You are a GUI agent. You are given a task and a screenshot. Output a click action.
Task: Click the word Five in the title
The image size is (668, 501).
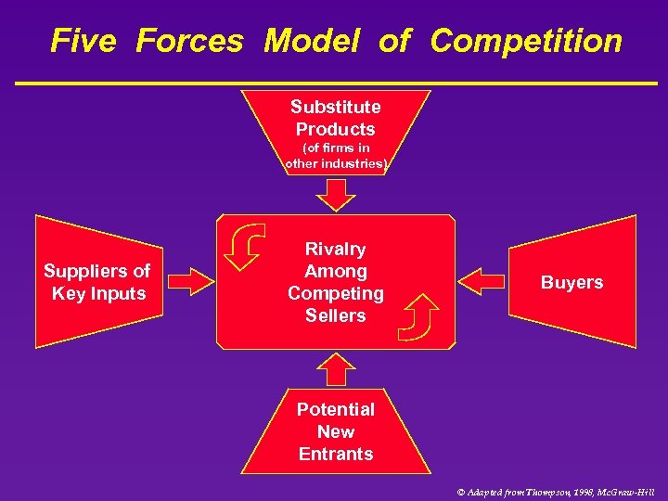83,41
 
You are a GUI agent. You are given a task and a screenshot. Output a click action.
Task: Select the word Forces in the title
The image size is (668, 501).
189,41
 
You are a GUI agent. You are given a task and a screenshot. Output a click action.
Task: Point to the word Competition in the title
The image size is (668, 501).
526,41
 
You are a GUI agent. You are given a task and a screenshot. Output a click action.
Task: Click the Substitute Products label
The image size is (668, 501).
335,118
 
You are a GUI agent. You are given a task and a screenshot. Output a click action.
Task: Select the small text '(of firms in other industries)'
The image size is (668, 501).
335,156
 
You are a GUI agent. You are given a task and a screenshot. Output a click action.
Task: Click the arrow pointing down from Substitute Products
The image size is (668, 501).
336,194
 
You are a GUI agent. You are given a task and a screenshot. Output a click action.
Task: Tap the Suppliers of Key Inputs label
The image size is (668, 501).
96,282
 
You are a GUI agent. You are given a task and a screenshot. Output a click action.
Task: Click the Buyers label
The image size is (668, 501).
572,283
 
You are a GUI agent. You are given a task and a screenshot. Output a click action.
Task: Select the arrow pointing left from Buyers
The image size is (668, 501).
482,281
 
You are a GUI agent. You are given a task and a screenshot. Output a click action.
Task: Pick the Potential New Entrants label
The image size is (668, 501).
336,431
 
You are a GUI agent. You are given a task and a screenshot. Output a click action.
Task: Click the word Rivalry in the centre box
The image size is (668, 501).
336,250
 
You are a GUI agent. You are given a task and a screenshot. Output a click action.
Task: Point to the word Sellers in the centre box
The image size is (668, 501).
336,315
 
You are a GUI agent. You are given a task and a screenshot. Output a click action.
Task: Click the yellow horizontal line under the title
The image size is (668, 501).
334,83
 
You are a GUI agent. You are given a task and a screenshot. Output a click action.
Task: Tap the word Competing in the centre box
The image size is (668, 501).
336,293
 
